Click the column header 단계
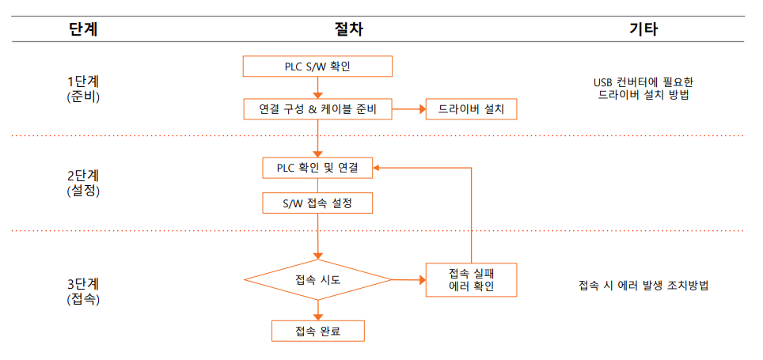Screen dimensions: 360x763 84,28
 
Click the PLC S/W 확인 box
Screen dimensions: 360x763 317,66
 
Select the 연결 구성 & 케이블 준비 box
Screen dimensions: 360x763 317,109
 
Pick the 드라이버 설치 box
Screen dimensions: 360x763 471,109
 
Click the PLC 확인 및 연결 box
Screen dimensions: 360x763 317,168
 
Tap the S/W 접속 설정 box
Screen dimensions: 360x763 317,203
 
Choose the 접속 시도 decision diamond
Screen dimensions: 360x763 317,279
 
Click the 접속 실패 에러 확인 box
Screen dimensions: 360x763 471,279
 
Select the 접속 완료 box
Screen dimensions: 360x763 317,331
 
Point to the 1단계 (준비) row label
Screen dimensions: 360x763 84,88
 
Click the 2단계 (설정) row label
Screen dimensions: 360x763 84,182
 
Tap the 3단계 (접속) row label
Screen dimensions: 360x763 84,291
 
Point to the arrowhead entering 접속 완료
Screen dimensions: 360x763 317,316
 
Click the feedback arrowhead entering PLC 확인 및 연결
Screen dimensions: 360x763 378,168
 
